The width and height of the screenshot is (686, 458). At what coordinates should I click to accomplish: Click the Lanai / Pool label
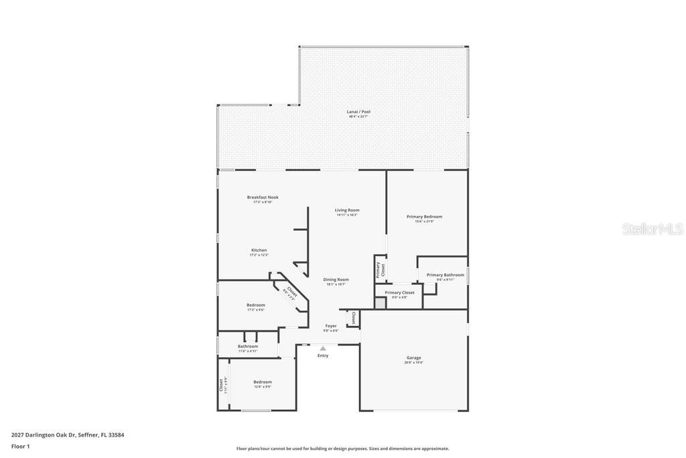pyautogui.click(x=358, y=112)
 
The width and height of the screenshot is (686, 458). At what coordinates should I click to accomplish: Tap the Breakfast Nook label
pyautogui.click(x=263, y=197)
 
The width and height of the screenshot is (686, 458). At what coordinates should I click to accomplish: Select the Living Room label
pyautogui.click(x=347, y=210)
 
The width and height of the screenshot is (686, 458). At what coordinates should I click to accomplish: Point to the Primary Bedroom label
pyautogui.click(x=424, y=217)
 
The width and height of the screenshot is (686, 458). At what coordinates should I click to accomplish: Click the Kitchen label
pyautogui.click(x=259, y=250)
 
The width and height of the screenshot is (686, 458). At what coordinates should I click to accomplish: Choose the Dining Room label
pyautogui.click(x=336, y=280)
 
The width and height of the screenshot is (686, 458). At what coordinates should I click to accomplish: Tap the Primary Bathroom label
pyautogui.click(x=445, y=275)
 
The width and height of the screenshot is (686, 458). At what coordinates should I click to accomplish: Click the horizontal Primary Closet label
pyautogui.click(x=399, y=292)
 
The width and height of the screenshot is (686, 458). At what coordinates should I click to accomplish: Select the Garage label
pyautogui.click(x=413, y=357)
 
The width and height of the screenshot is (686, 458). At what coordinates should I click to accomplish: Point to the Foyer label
pyautogui.click(x=331, y=326)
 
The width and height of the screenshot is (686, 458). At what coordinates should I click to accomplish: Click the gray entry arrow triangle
pyautogui.click(x=323, y=348)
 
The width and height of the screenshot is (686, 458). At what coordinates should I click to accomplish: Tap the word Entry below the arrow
pyautogui.click(x=323, y=355)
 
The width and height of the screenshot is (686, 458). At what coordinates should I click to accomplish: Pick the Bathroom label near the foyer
pyautogui.click(x=247, y=346)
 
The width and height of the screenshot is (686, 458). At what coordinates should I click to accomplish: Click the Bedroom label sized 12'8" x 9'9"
pyautogui.click(x=262, y=382)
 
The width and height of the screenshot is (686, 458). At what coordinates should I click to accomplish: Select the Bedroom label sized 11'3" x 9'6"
pyautogui.click(x=255, y=305)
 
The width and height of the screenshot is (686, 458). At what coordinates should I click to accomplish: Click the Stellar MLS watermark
pyautogui.click(x=653, y=229)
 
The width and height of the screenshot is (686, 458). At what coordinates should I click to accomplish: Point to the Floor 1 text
pyautogui.click(x=21, y=446)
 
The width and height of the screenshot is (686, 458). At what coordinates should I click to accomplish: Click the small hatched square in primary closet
pyautogui.click(x=381, y=303)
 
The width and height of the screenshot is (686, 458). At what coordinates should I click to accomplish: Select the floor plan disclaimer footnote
pyautogui.click(x=342, y=449)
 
